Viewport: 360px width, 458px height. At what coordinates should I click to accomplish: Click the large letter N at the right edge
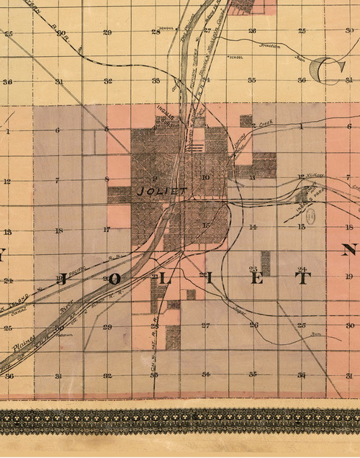click(349, 251)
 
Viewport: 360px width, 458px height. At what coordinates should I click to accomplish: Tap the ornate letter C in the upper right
click(318, 71)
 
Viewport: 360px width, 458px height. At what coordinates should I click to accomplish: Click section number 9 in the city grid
click(154, 178)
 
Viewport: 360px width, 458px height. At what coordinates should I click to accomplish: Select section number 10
click(205, 177)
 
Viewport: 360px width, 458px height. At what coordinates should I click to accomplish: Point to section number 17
click(106, 230)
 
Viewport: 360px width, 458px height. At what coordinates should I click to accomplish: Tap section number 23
click(253, 268)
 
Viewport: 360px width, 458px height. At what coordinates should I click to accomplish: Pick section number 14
click(253, 228)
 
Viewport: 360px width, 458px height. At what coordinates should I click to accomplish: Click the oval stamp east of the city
click(311, 215)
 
